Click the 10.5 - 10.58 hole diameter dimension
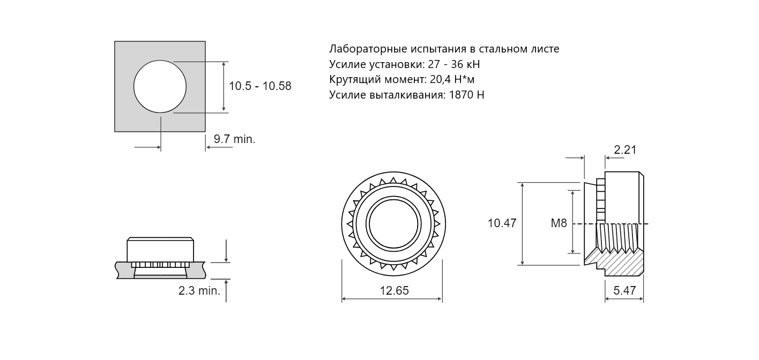click(x=260, y=86)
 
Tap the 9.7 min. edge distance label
click(x=234, y=139)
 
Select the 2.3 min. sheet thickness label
click(x=199, y=290)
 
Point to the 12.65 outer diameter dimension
click(x=394, y=290)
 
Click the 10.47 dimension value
click(x=502, y=223)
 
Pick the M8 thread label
click(x=559, y=223)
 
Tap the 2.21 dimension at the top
click(x=625, y=149)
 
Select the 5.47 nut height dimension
click(x=624, y=290)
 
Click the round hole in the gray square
click(x=160, y=86)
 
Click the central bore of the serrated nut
click(x=393, y=224)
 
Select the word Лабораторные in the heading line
click(x=368, y=49)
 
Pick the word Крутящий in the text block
click(x=355, y=80)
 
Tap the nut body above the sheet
click(x=160, y=250)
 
